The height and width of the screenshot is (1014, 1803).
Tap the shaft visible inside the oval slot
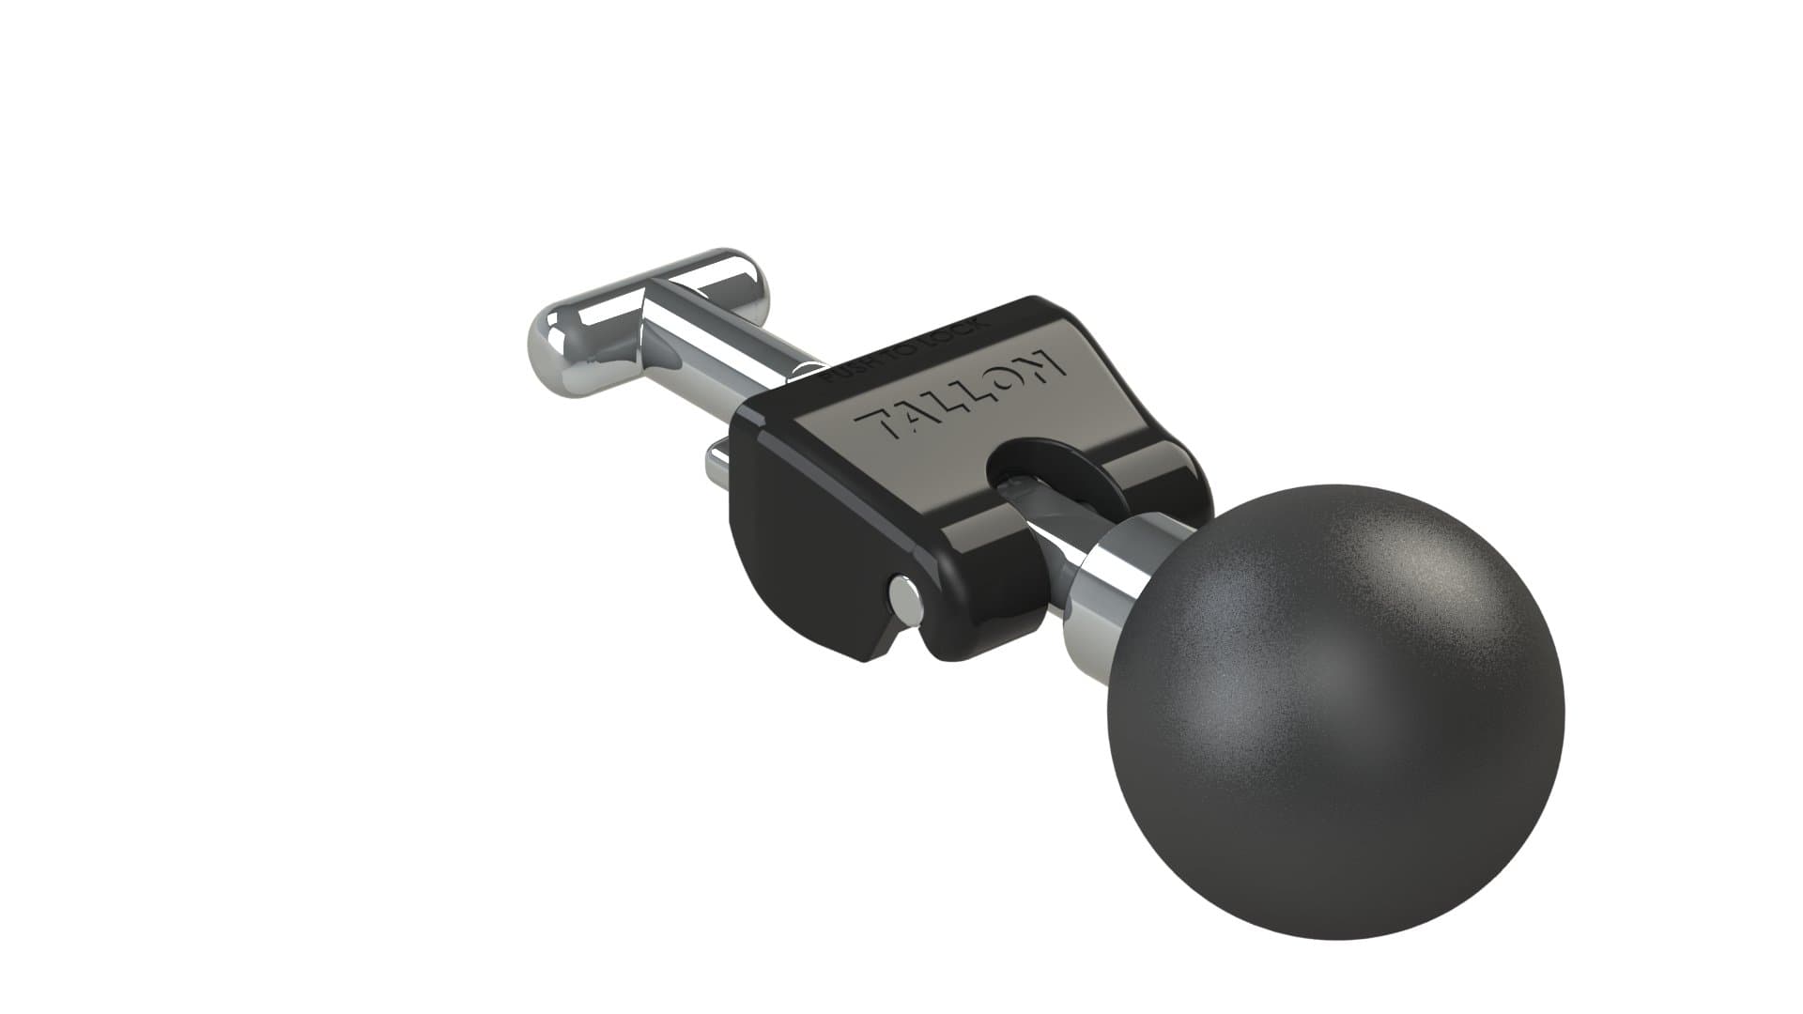coord(1033,488)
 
